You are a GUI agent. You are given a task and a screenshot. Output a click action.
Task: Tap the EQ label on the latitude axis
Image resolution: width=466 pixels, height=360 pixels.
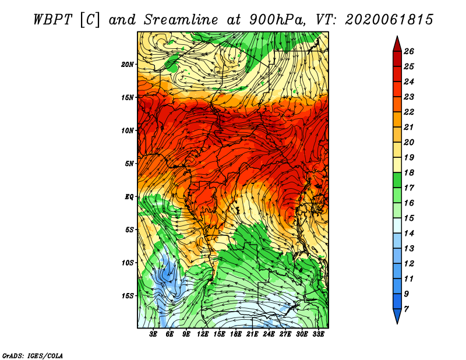tap(129, 196)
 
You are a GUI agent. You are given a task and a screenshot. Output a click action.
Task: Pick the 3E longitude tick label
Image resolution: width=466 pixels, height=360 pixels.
tap(154, 334)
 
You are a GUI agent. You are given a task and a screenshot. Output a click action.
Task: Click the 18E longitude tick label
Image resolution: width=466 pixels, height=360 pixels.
tap(236, 334)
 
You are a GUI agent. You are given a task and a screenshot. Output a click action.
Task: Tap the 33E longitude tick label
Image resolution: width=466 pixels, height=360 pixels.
tap(318, 334)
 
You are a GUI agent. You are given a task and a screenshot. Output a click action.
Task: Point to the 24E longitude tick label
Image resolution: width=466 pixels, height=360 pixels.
tap(269, 334)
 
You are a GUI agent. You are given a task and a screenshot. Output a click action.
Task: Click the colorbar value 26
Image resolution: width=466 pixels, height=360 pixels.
tap(408, 51)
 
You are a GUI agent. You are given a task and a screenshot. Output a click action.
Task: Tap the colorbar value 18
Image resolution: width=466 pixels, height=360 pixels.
tap(408, 173)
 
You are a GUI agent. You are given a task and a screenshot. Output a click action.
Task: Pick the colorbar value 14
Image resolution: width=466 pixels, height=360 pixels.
tap(408, 233)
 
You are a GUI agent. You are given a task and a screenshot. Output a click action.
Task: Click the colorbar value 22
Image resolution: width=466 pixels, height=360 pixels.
tap(408, 112)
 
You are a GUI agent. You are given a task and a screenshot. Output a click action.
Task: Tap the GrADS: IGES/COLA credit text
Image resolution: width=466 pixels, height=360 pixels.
tap(33, 355)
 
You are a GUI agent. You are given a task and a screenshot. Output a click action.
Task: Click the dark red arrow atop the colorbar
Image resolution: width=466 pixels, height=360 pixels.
tap(397, 44)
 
